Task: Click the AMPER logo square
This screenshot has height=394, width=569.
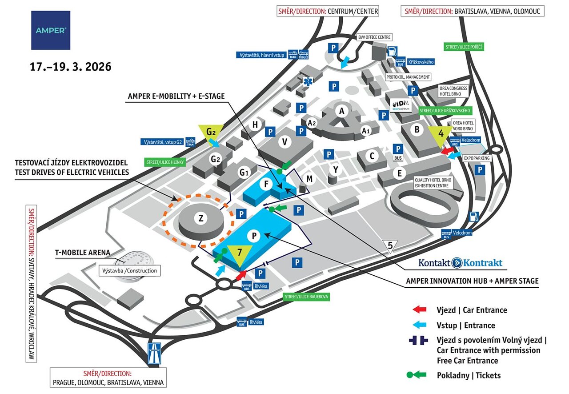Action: click(51, 30)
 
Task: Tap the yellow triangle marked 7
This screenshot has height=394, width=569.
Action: click(240, 254)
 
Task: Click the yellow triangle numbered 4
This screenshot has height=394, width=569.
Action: click(441, 134)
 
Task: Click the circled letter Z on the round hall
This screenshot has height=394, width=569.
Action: click(201, 218)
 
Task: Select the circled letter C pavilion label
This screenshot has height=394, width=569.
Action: click(372, 156)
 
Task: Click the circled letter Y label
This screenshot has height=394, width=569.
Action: click(337, 169)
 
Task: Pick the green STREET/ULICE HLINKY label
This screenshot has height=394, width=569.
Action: click(164, 162)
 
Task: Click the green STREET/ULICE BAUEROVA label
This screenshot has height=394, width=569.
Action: click(306, 297)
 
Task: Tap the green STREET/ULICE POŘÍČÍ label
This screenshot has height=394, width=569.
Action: click(464, 47)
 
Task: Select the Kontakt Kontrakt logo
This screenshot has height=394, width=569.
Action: click(460, 263)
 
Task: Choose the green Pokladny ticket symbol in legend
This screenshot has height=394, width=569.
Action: click(417, 375)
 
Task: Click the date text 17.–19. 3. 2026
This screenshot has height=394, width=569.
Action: click(70, 67)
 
